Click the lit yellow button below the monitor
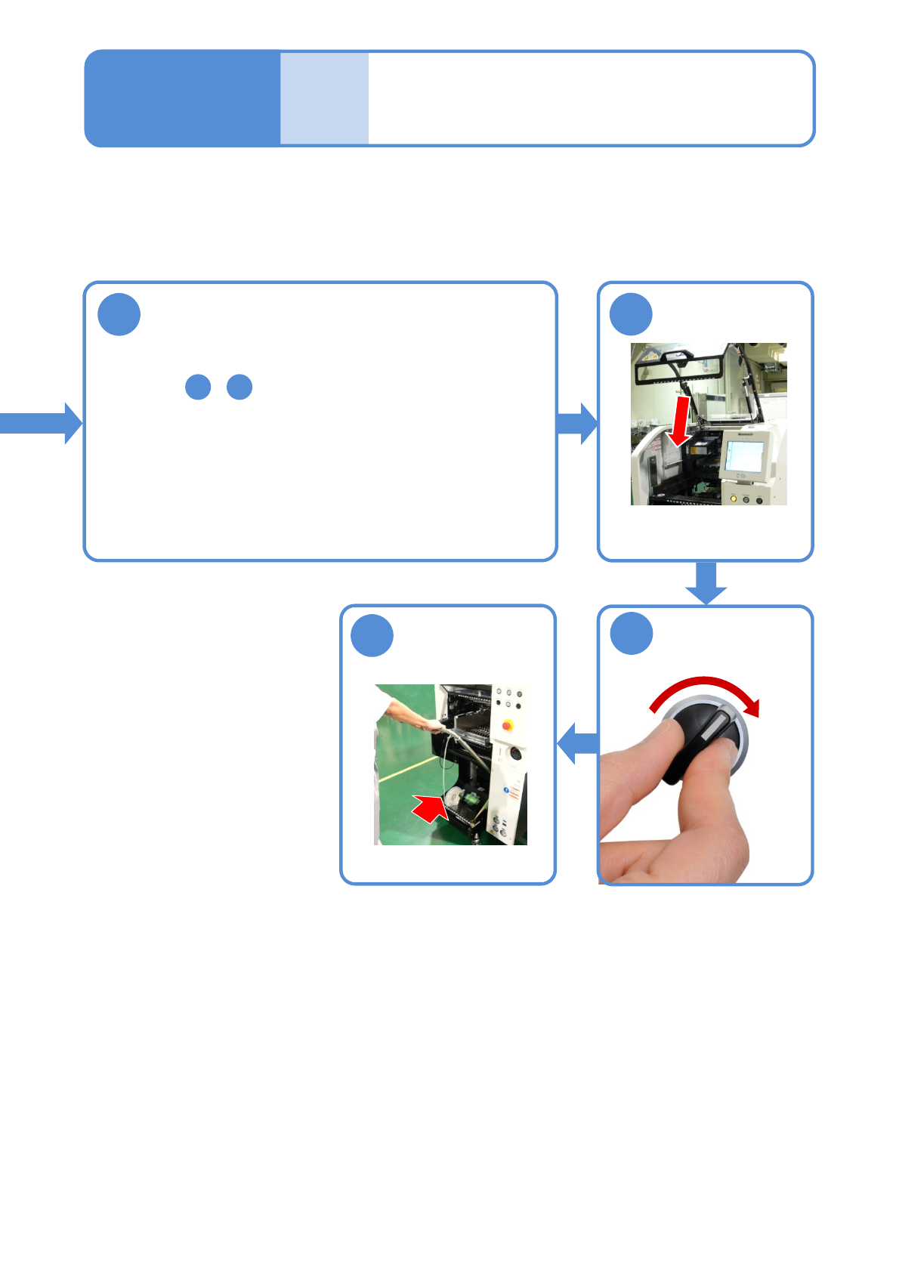[x=733, y=499]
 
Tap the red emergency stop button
[x=507, y=726]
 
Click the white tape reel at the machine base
[x=455, y=797]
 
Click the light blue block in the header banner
[x=324, y=98]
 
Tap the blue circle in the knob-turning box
[x=631, y=633]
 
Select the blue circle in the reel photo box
[x=372, y=635]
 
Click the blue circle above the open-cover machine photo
[x=631, y=314]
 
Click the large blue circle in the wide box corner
[x=119, y=314]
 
